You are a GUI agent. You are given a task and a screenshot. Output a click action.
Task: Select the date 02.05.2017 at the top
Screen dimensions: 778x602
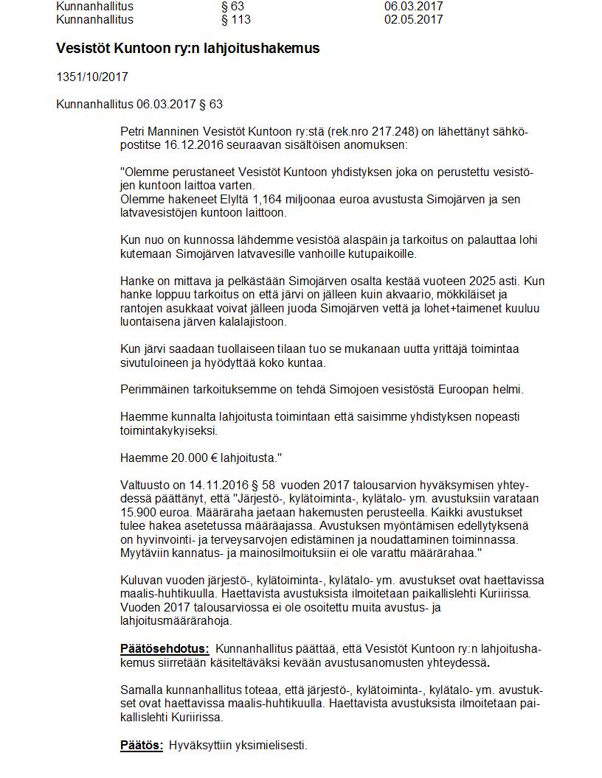(413, 19)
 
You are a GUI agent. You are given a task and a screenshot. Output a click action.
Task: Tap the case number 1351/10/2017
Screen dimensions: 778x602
(92, 77)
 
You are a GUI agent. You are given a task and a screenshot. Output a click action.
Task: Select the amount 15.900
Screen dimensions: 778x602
(137, 513)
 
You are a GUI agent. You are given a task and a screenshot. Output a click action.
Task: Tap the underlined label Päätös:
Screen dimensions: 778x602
(142, 745)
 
